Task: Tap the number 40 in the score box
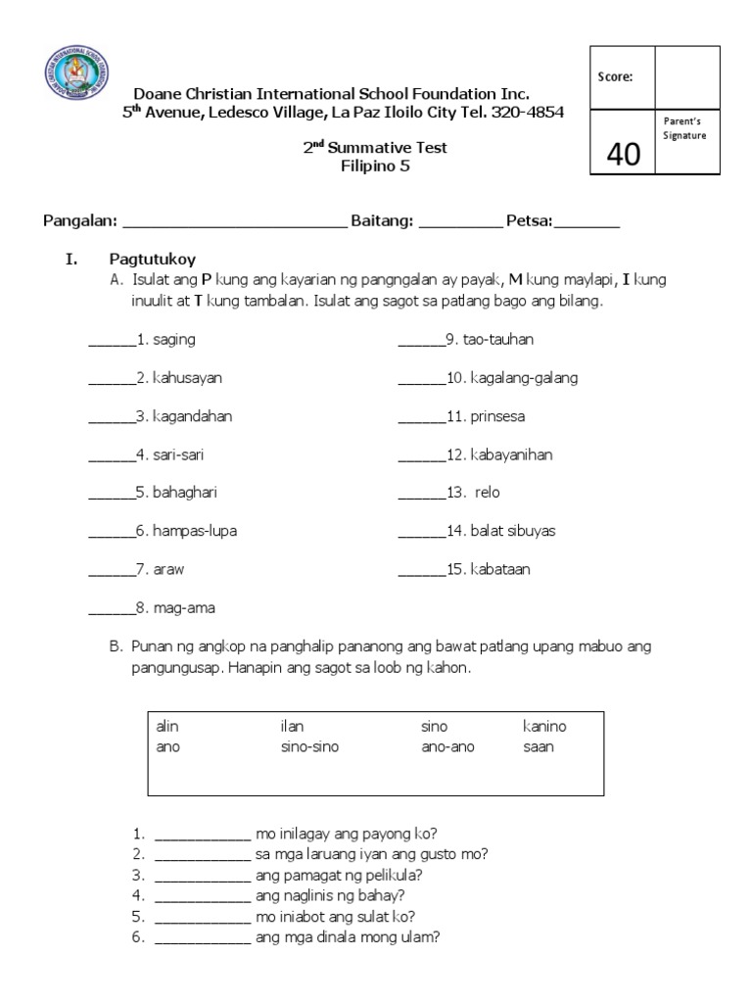click(x=623, y=154)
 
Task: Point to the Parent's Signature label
click(x=685, y=128)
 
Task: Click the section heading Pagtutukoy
click(x=152, y=260)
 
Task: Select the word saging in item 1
click(x=173, y=340)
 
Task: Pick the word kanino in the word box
click(x=544, y=727)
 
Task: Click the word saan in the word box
click(x=539, y=746)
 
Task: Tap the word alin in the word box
click(x=167, y=727)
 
